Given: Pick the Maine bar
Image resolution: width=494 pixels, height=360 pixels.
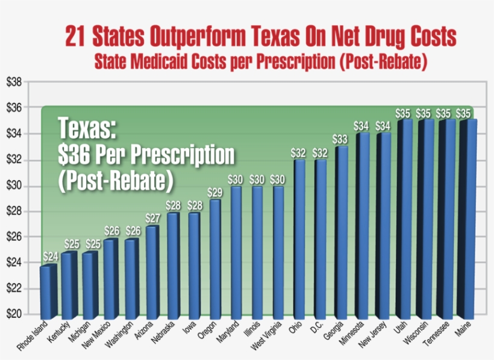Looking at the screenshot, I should pyautogui.click(x=467, y=218).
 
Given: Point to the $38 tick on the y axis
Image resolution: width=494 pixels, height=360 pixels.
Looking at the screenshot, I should pyautogui.click(x=14, y=82).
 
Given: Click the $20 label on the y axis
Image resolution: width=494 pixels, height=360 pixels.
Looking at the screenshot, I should pyautogui.click(x=14, y=314).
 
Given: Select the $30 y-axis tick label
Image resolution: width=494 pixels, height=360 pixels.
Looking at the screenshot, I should pyautogui.click(x=14, y=185).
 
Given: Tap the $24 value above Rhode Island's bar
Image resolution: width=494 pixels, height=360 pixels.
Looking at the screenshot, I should pyautogui.click(x=50, y=257).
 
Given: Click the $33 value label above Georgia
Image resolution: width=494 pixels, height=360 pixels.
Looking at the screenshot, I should pyautogui.click(x=341, y=139).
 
